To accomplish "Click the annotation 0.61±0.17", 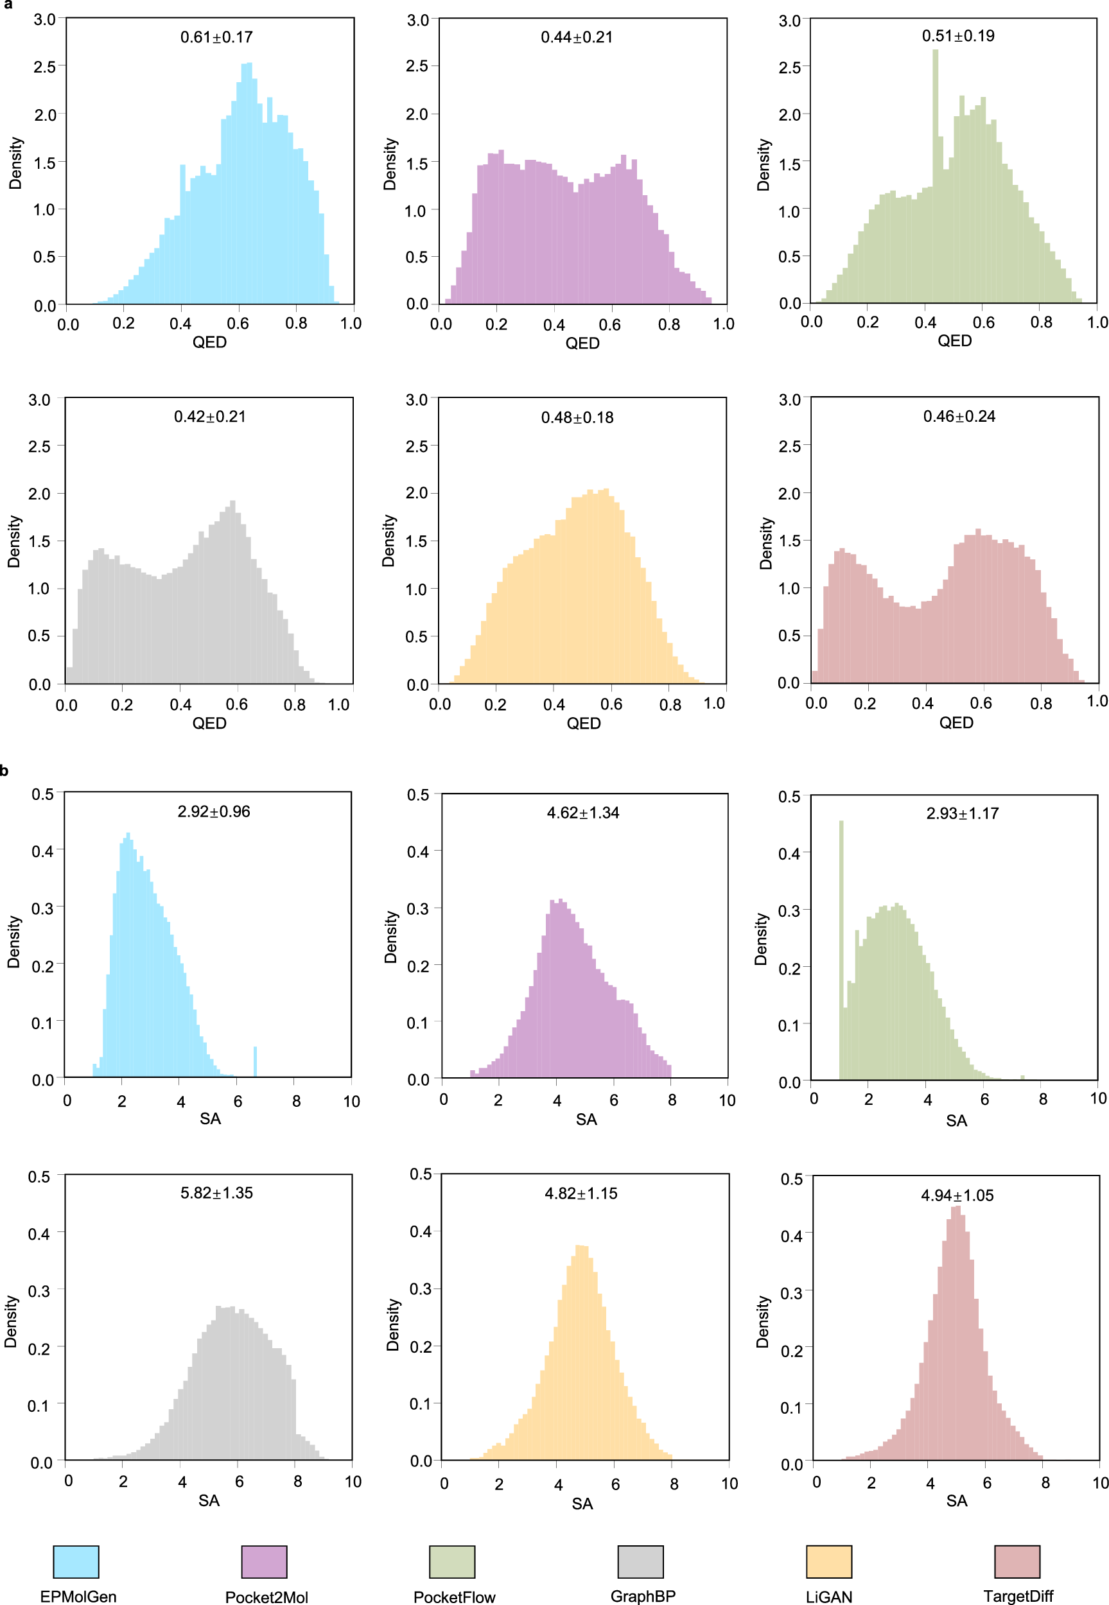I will pyautogui.click(x=216, y=37).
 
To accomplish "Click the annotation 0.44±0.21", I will pyautogui.click(x=577, y=37).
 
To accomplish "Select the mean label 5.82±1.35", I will pyautogui.click(x=216, y=1192).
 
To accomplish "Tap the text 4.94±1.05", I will pyautogui.click(x=957, y=1195).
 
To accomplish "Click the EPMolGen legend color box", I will pyautogui.click(x=76, y=1562).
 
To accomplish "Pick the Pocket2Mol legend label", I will pyautogui.click(x=266, y=1597).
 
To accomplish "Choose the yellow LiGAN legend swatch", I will pyautogui.click(x=828, y=1562).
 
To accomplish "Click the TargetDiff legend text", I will pyautogui.click(x=1018, y=1596).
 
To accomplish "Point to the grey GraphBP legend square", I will pyautogui.click(x=640, y=1562).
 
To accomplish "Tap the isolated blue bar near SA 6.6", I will pyautogui.click(x=255, y=1061).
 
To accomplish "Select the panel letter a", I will pyautogui.click(x=8, y=4).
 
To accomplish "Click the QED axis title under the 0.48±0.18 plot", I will pyautogui.click(x=583, y=723).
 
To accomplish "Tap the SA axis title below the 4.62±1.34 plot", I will pyautogui.click(x=586, y=1119).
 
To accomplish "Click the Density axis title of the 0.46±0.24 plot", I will pyautogui.click(x=765, y=543).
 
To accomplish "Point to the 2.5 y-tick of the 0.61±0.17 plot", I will pyautogui.click(x=44, y=67).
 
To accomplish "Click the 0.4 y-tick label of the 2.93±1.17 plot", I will pyautogui.click(x=789, y=854).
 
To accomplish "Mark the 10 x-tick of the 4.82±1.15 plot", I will pyautogui.click(x=729, y=1484).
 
